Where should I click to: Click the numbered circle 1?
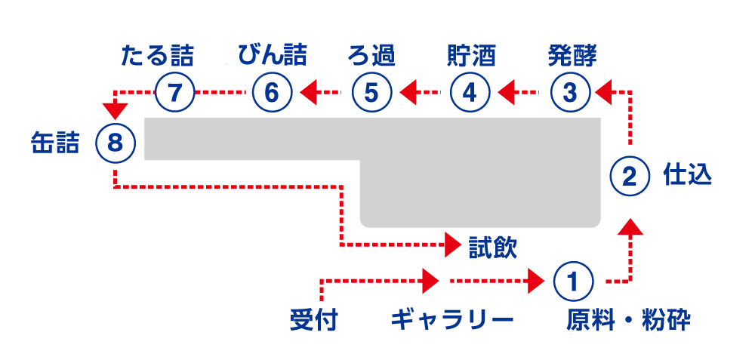coord(572,282)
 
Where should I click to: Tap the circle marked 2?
coord(630,177)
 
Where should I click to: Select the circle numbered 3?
coord(570,93)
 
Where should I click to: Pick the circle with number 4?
coord(470,93)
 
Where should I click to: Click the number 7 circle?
coord(174,93)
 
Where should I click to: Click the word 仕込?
coord(687,175)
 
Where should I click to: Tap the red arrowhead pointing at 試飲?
coord(453,245)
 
